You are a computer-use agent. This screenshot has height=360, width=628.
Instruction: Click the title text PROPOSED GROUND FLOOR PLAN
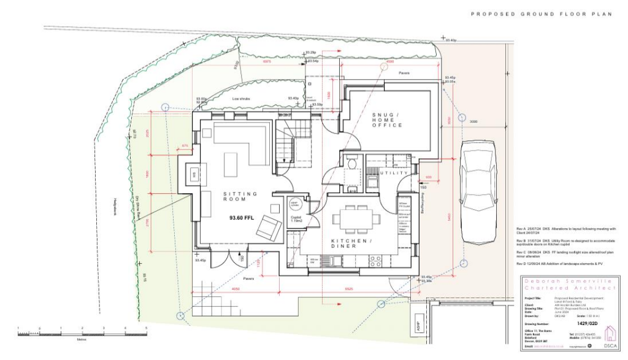(541, 13)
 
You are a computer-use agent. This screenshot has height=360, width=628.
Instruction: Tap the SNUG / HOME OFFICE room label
(387, 120)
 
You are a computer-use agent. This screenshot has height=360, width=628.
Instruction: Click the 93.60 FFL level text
(242, 218)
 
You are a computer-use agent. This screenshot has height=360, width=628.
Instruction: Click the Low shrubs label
(241, 98)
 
